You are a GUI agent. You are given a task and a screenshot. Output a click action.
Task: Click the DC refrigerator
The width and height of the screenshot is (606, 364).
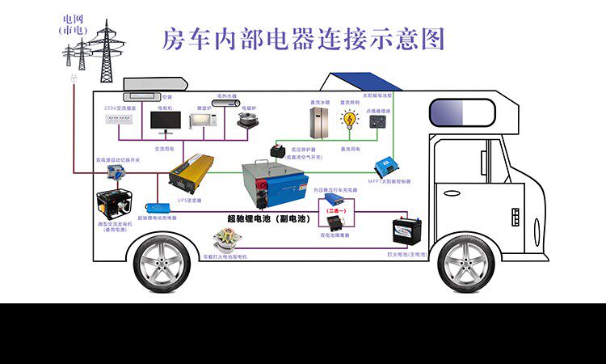[320, 122]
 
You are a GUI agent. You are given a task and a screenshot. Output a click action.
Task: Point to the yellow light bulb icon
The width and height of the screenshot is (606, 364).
[349, 121]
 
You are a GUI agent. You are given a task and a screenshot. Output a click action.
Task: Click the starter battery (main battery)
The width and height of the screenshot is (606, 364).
[406, 231]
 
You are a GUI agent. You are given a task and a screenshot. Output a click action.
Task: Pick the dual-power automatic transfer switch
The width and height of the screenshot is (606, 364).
[120, 174]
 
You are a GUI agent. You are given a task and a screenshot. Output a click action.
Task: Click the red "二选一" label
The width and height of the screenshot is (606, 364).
[335, 210]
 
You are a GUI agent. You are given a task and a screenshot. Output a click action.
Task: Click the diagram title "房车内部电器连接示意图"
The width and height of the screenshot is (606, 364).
[303, 37]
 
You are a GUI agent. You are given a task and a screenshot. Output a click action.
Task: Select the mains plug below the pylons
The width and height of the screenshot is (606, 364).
[73, 78]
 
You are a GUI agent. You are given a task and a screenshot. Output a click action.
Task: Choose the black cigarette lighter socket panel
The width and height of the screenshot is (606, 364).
[377, 121]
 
